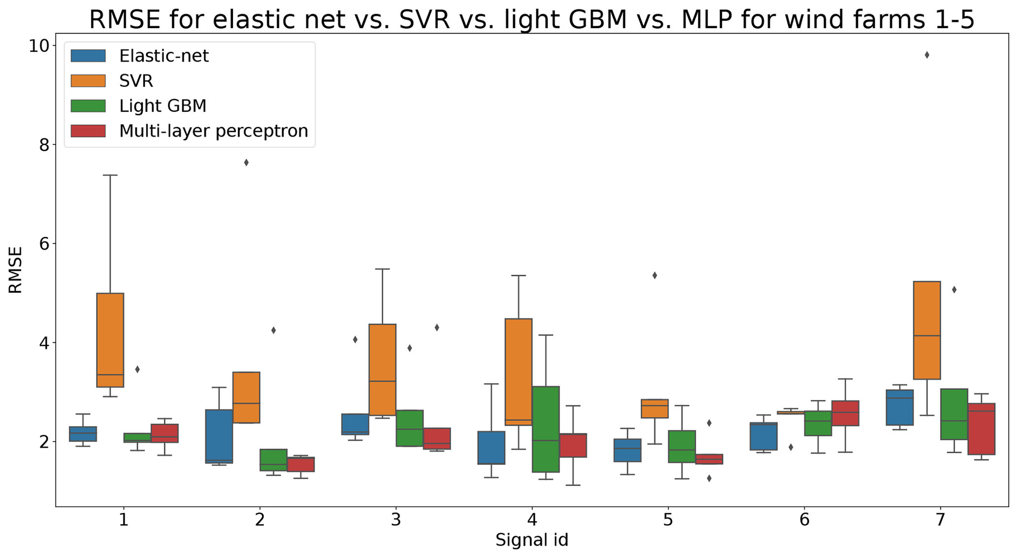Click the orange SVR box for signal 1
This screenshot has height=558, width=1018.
(x=110, y=340)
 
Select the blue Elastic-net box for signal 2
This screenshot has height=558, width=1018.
(x=219, y=436)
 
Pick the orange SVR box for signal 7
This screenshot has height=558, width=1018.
(x=927, y=330)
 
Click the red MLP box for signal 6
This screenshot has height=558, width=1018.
(x=846, y=413)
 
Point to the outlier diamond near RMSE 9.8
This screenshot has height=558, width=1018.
(x=927, y=55)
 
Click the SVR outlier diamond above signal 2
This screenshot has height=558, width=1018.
(x=246, y=163)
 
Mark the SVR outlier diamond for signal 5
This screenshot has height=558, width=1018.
(x=655, y=276)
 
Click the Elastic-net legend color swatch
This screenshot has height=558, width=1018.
(x=88, y=56)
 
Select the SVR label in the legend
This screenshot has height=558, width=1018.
(x=136, y=81)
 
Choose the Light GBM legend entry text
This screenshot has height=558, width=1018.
(x=163, y=106)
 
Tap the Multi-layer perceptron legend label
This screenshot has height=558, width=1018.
(x=213, y=131)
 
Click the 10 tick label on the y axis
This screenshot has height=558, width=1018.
(x=39, y=46)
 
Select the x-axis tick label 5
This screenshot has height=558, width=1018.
(x=668, y=520)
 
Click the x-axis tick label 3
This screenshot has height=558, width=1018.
(x=396, y=520)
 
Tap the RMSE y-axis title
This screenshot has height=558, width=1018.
(x=16, y=270)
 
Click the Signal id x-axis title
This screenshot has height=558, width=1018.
(x=531, y=540)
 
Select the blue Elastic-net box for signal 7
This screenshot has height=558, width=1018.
(x=900, y=407)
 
